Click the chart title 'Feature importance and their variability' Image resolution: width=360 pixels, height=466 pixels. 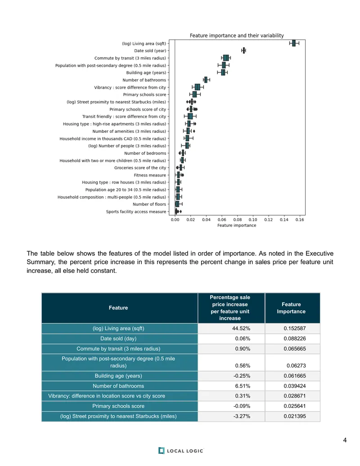pyautogui.click(x=237, y=36)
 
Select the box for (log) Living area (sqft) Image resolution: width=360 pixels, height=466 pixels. pyautogui.click(x=294, y=43)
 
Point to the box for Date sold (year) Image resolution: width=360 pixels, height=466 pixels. pyautogui.click(x=244, y=50)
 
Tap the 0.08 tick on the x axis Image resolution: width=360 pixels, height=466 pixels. pyautogui.click(x=237, y=220)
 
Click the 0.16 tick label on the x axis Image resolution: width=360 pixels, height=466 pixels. pyautogui.click(x=300, y=220)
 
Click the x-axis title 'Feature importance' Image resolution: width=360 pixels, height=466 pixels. pyautogui.click(x=237, y=225)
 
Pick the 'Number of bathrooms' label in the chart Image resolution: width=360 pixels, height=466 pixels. pyautogui.click(x=144, y=80)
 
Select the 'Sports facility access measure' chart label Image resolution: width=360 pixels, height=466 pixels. pyautogui.click(x=136, y=212)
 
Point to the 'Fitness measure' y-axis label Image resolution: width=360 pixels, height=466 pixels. pyautogui.click(x=150, y=175)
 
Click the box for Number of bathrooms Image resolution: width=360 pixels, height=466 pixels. pyautogui.click(x=206, y=80)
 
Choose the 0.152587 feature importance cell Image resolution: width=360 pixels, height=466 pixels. pyautogui.click(x=295, y=328)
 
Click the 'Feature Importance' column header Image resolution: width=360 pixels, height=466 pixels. pyautogui.click(x=291, y=308)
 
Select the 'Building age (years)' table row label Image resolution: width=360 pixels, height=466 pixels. pyautogui.click(x=118, y=376)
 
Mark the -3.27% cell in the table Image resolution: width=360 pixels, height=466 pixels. pyautogui.click(x=242, y=416)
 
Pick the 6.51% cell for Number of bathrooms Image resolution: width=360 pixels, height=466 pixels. pyautogui.click(x=243, y=386)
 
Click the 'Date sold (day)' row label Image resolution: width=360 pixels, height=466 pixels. pyautogui.click(x=118, y=339)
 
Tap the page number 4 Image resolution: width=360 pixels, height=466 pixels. pyautogui.click(x=345, y=440)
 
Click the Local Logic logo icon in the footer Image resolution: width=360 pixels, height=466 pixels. pyautogui.click(x=161, y=451)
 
